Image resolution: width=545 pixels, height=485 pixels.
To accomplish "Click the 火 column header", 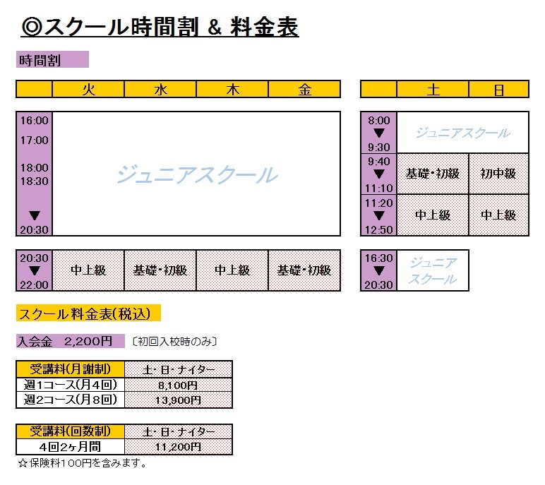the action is coord(88,90).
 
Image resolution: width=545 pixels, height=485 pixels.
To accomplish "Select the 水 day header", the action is coord(160,90).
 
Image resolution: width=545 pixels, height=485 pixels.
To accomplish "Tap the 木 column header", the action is coord(232,90).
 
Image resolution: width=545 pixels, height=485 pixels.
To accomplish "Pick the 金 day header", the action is coord(304,90).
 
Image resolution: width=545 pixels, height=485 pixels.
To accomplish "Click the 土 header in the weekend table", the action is coord(433,90).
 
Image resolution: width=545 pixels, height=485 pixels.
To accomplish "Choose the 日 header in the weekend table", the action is coord(499,90).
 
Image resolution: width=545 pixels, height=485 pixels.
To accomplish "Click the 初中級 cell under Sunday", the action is coord(499,174).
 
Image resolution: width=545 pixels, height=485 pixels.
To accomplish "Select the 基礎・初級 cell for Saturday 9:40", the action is coord(433,174).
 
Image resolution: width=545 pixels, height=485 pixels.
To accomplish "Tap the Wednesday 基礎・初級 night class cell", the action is coord(160,270).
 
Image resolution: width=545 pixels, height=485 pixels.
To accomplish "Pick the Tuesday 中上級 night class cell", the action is coord(88,270).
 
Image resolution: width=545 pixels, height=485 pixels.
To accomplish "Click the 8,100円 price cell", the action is coord(178,385).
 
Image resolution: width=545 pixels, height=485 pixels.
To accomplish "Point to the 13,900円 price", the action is coord(178,400).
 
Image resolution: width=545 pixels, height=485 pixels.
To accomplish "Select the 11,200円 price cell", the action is coord(178,447).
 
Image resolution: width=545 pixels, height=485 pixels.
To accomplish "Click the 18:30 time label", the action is coord(34,181).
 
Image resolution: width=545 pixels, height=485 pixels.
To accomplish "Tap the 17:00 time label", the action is coord(34,140).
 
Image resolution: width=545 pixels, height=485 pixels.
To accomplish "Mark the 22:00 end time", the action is coord(34,285).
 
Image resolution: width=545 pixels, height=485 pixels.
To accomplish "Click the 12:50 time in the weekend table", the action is coord(378,230).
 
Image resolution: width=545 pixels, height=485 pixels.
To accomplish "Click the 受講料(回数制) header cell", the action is coord(70,431).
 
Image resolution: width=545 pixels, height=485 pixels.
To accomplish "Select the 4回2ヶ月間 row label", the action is coord(70,447).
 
